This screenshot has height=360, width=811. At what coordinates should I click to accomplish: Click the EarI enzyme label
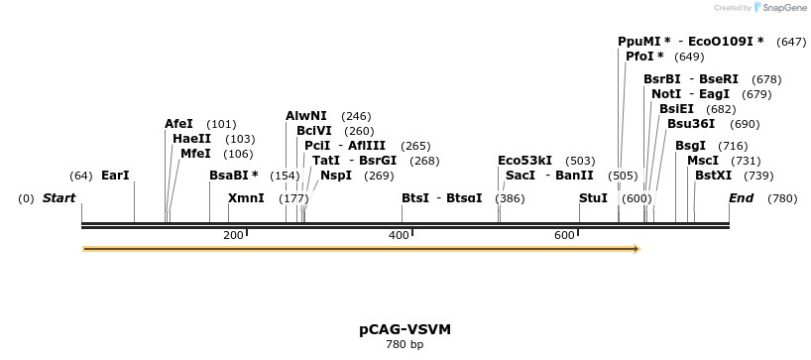click(x=115, y=176)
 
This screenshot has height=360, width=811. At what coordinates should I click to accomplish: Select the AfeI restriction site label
click(x=178, y=124)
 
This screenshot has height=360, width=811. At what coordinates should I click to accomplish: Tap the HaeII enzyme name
click(x=191, y=139)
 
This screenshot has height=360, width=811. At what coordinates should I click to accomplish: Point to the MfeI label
click(x=195, y=154)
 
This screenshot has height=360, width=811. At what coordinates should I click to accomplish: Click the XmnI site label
click(x=246, y=198)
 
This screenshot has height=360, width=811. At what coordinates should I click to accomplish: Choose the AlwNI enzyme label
click(x=306, y=116)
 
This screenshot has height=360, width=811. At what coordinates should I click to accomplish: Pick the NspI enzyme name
click(x=336, y=176)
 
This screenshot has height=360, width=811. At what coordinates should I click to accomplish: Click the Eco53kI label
click(x=524, y=161)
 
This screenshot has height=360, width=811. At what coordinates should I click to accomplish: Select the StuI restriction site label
click(x=593, y=198)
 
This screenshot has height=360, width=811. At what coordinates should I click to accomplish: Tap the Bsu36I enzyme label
click(x=691, y=124)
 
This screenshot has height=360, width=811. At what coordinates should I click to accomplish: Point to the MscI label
click(x=703, y=161)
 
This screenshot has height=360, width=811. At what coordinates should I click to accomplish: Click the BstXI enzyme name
click(x=713, y=176)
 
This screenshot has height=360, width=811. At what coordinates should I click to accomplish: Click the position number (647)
click(x=792, y=42)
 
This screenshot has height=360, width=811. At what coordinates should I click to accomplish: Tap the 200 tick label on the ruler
click(x=233, y=235)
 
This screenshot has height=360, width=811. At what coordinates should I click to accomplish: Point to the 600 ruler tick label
click(x=564, y=235)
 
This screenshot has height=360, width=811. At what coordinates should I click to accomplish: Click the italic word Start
click(x=58, y=198)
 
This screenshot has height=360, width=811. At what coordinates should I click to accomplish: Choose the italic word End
click(x=741, y=198)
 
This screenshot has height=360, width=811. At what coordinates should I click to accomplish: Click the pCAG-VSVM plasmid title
click(x=405, y=328)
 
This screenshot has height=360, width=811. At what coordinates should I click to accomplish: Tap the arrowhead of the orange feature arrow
click(x=637, y=248)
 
